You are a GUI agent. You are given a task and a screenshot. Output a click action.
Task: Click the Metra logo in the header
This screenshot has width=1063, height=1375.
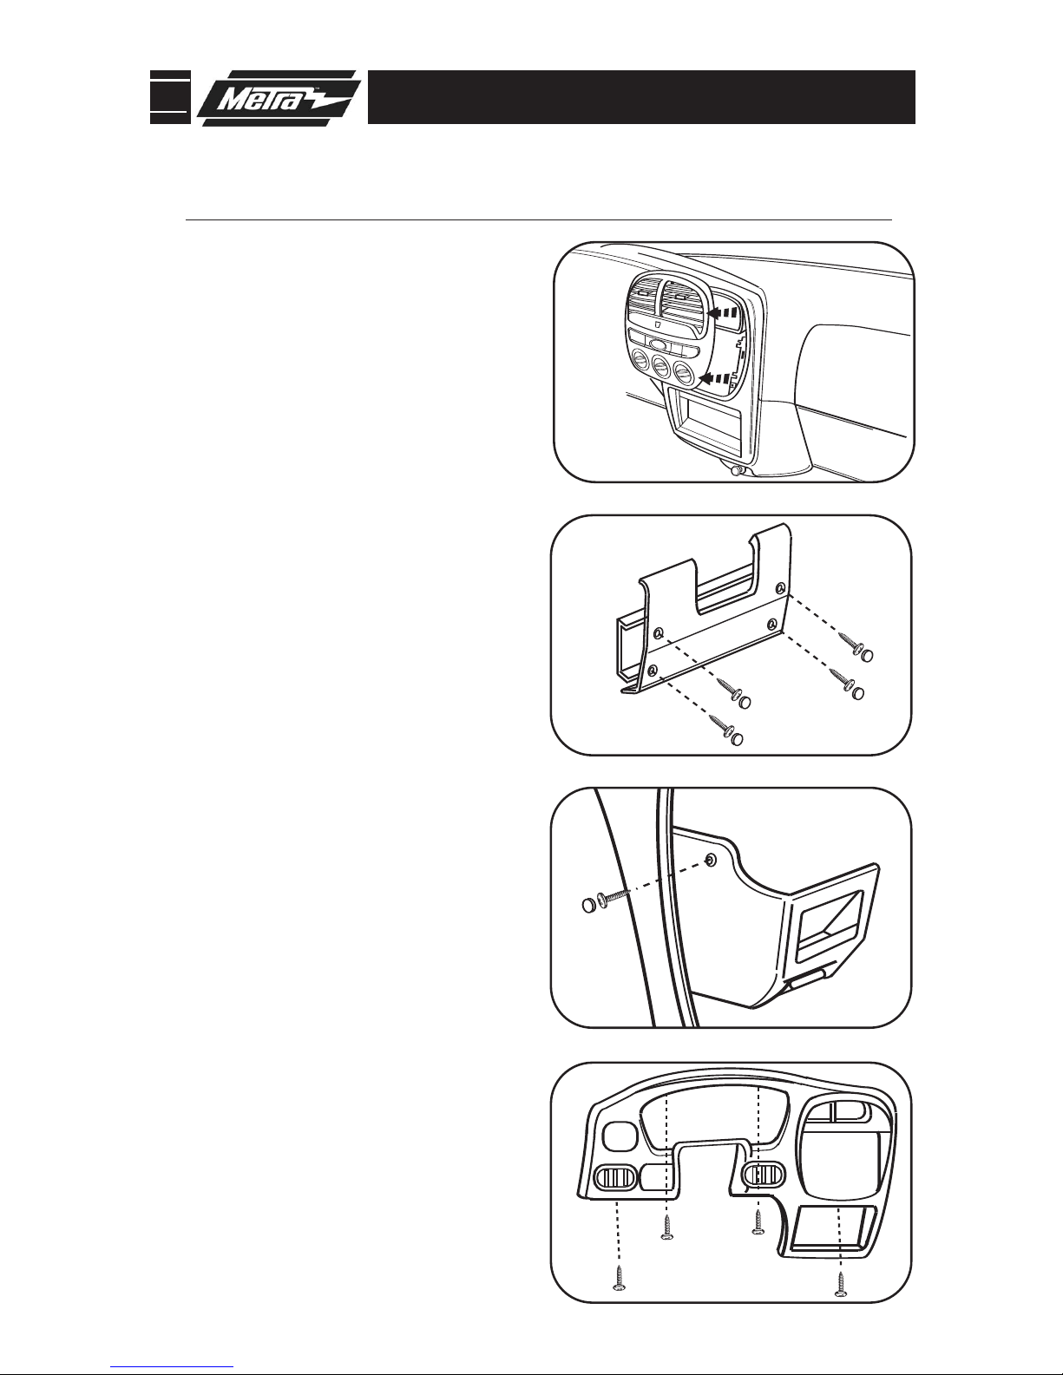[x=279, y=98]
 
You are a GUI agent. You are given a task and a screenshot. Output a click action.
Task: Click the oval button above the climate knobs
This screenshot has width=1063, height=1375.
[x=660, y=345]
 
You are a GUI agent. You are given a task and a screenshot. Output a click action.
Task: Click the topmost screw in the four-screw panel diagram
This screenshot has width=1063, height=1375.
[x=856, y=647]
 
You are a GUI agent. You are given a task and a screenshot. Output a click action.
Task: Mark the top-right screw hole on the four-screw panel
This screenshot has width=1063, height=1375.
[x=782, y=588]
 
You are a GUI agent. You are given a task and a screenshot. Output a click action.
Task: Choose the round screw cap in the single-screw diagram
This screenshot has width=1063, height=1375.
[x=587, y=905]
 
